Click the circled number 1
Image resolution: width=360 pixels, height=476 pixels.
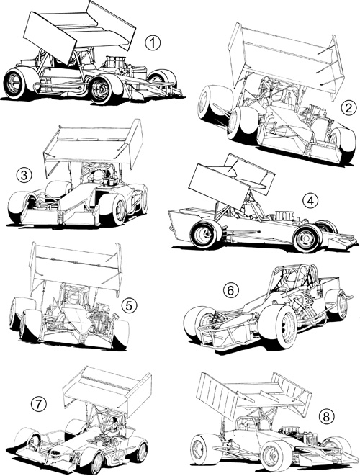click(153, 43)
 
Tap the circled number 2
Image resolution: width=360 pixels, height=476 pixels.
click(348, 108)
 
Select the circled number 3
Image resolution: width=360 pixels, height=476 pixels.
click(24, 175)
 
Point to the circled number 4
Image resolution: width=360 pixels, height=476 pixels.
click(310, 201)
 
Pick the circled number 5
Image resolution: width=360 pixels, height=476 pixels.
click(129, 306)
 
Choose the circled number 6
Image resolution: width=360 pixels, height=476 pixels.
click(230, 290)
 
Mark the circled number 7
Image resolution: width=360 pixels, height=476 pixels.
click(39, 405)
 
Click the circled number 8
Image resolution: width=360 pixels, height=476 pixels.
click(327, 416)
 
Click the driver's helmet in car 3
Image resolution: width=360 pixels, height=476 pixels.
click(99, 176)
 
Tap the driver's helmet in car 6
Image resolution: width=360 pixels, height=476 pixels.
click(290, 279)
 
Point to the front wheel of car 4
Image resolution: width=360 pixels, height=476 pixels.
click(307, 238)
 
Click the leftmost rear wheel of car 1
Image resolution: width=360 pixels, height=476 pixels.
click(15, 83)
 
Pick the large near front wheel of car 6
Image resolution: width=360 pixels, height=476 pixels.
click(279, 326)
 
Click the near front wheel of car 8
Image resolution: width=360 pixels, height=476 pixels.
click(275, 455)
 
